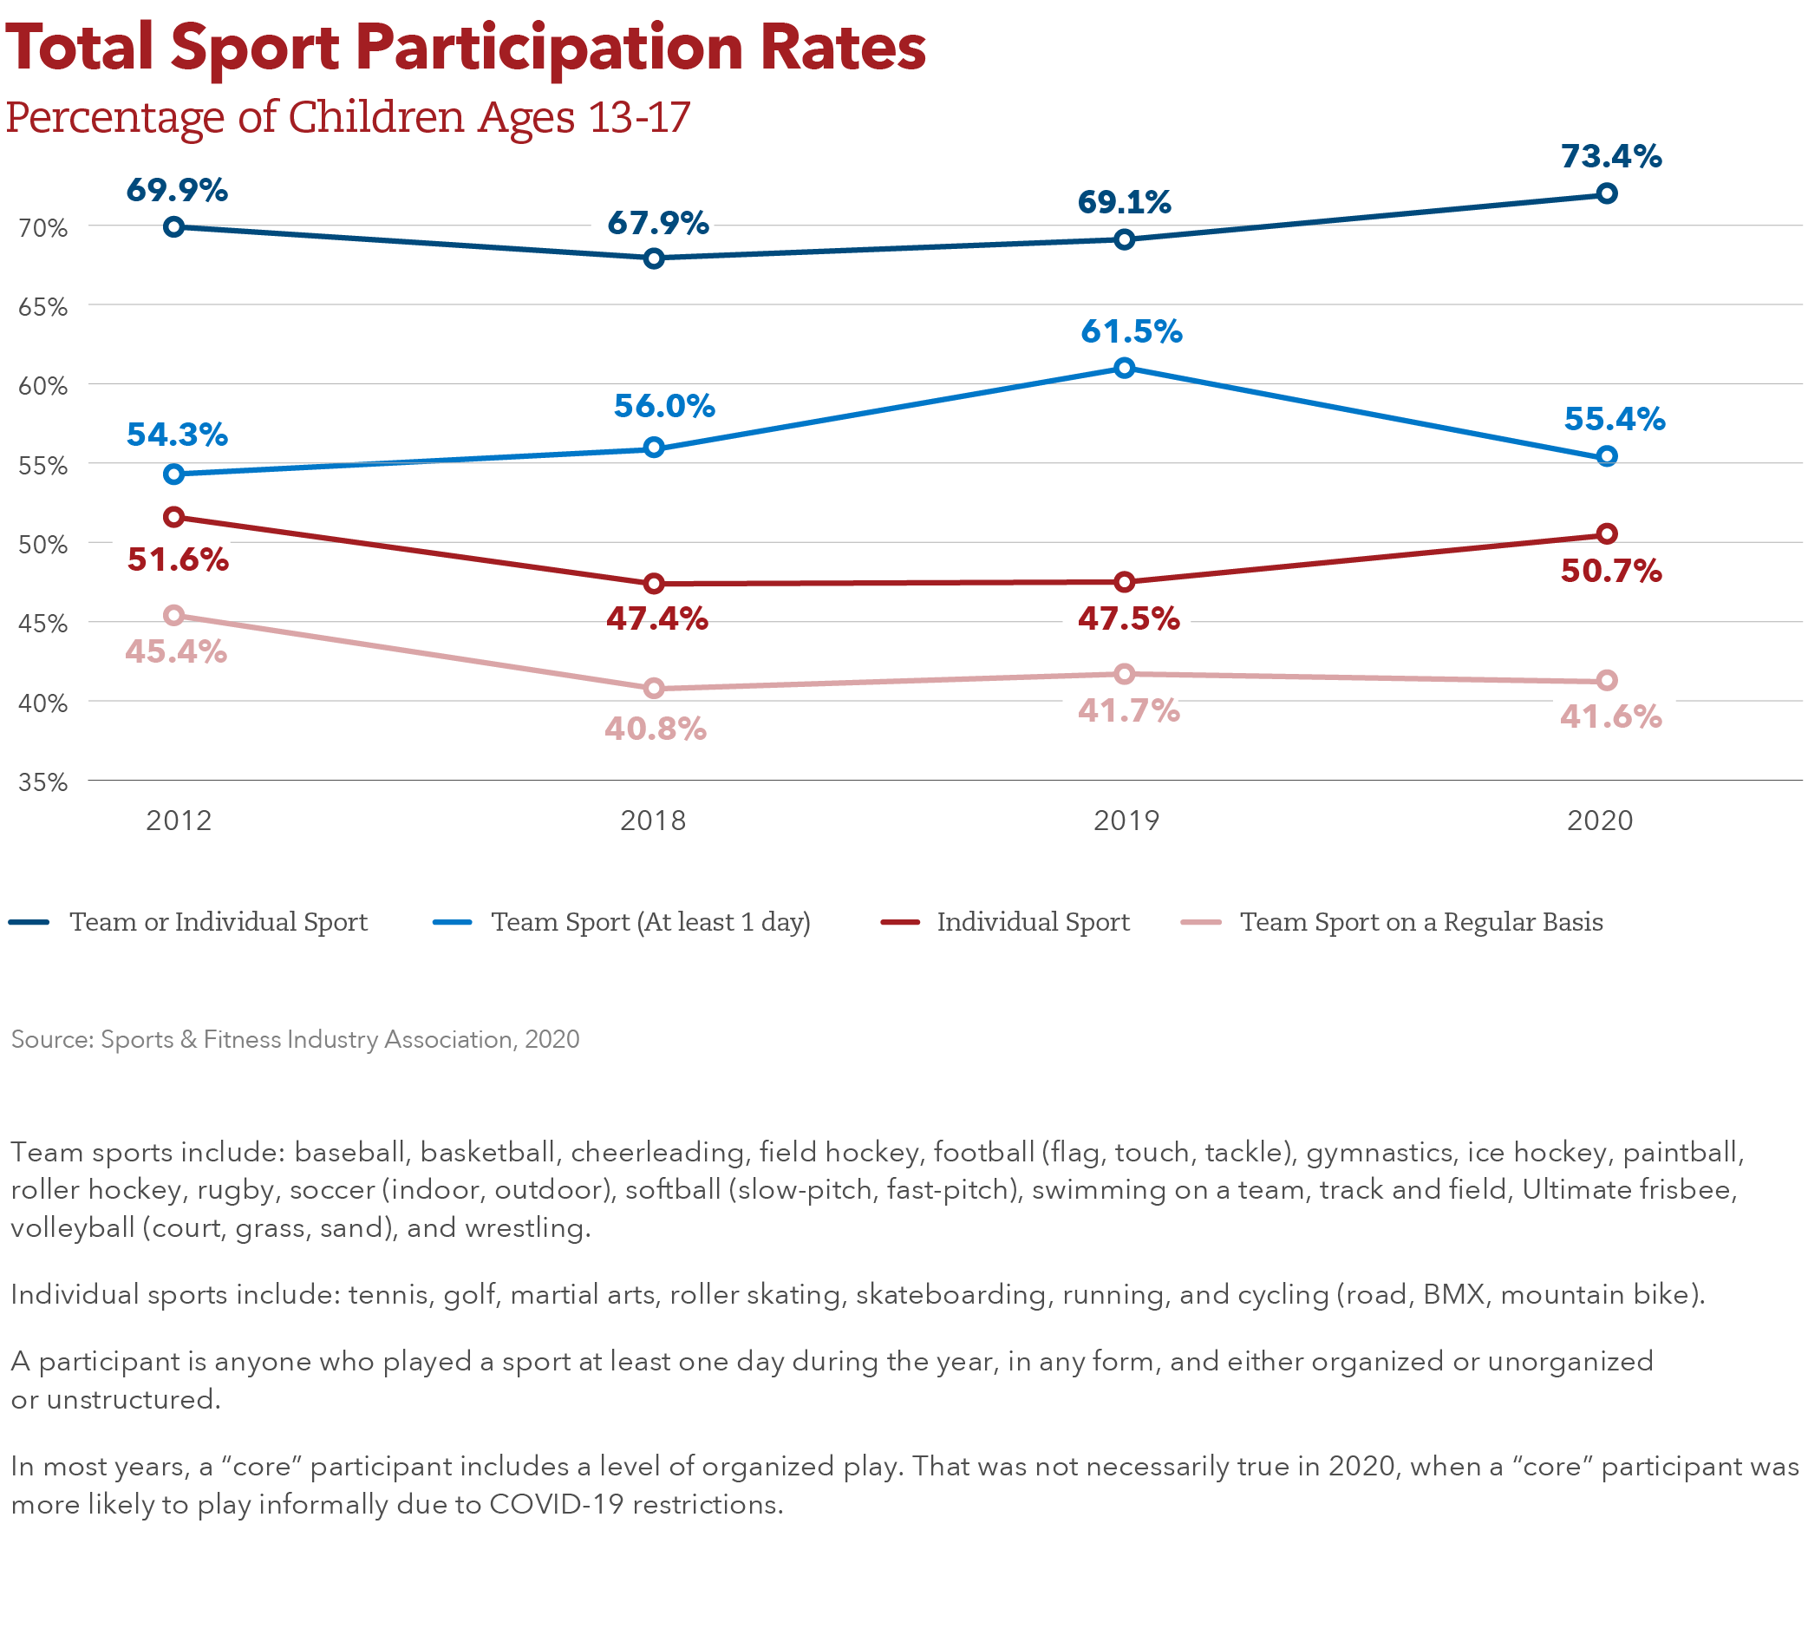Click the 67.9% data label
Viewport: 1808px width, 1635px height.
click(657, 223)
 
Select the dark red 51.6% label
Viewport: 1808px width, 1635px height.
click(178, 560)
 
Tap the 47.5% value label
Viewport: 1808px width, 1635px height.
click(1128, 618)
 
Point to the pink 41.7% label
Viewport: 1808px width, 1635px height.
click(1127, 711)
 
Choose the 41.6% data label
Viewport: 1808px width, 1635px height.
click(1610, 717)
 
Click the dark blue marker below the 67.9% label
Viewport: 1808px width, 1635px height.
click(654, 258)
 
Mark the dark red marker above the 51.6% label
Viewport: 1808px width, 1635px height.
click(174, 517)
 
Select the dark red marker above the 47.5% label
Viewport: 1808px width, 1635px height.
click(1125, 582)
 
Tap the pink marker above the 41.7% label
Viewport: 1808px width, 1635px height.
click(1125, 674)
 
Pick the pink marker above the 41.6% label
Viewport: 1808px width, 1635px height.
click(1607, 681)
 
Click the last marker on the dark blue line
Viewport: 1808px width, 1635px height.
click(1607, 193)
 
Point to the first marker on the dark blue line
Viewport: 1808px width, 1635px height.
click(174, 227)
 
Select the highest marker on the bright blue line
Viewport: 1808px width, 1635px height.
click(1125, 368)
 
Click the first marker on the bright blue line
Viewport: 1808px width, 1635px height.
click(174, 474)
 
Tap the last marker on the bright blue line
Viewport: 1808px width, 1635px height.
click(1607, 456)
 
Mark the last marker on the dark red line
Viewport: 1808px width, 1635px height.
click(1607, 533)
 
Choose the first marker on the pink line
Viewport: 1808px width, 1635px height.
click(174, 615)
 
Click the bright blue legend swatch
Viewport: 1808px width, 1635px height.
click(464, 932)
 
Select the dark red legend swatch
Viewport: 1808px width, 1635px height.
click(909, 932)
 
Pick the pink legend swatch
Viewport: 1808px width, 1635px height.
click(1212, 932)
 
